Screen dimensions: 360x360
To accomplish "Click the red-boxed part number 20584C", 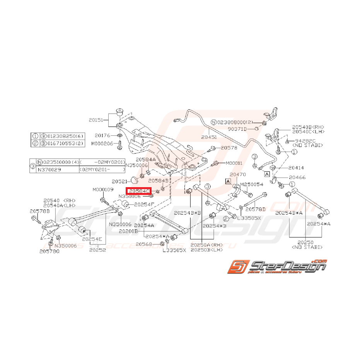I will (138, 191).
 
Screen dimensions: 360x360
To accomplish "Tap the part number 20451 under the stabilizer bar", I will (209, 136).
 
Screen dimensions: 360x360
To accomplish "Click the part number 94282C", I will (305, 141).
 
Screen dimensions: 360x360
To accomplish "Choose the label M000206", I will (102, 143).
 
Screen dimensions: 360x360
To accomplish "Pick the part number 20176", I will (102, 135).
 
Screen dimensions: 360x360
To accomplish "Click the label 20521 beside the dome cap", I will (120, 181).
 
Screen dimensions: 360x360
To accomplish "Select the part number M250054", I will (252, 184).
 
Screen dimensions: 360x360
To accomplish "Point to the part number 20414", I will (296, 168).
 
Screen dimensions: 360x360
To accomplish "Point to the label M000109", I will (103, 189).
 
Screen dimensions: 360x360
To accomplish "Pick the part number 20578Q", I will (49, 252).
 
